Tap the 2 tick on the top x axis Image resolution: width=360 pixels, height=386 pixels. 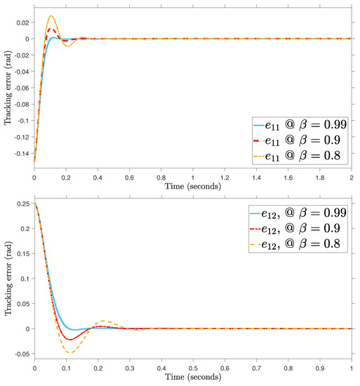pyautogui.click(x=352, y=178)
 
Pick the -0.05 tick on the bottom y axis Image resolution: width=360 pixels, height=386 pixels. pyautogui.click(x=22, y=354)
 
